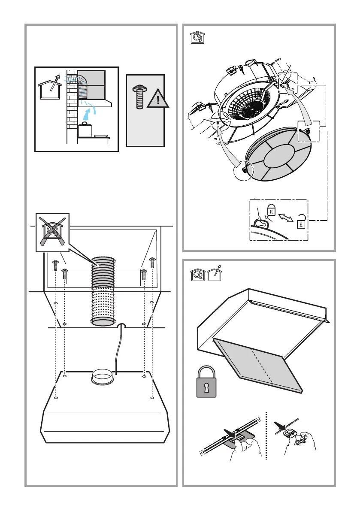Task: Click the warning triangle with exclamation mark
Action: (157, 100)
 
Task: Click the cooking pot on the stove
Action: (85, 130)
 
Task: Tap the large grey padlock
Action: (206, 382)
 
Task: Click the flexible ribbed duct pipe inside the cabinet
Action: (103, 292)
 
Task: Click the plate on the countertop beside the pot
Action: (100, 136)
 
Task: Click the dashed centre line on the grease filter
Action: (262, 367)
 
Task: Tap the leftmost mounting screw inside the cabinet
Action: (55, 265)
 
